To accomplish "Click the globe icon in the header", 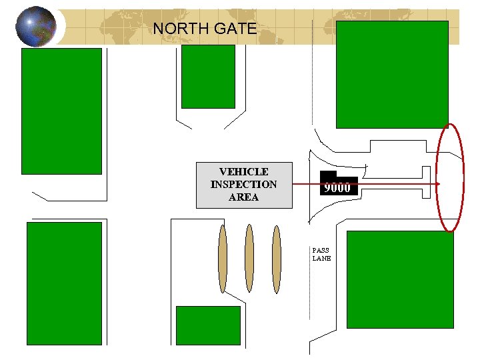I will click(x=36, y=27).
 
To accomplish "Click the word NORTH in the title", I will click(x=177, y=29).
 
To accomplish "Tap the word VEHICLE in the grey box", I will click(x=243, y=172).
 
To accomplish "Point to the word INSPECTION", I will click(x=243, y=185).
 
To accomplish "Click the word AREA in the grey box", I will click(x=243, y=197).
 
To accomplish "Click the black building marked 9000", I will click(x=338, y=186).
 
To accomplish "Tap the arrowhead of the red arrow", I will click(x=437, y=184).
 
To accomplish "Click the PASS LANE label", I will click(x=321, y=255).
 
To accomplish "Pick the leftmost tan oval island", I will click(x=223, y=259).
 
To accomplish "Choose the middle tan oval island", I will click(x=249, y=259).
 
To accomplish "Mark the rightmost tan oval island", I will click(x=276, y=259).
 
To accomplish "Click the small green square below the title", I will click(x=208, y=76).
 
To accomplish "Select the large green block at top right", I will click(x=391, y=74).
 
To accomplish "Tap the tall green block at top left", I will click(x=61, y=111).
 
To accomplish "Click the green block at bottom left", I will click(x=64, y=283).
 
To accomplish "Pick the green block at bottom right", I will click(x=400, y=279).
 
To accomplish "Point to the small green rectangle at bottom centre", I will click(x=207, y=325).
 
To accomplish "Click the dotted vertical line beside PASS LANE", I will click(x=310, y=280).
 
